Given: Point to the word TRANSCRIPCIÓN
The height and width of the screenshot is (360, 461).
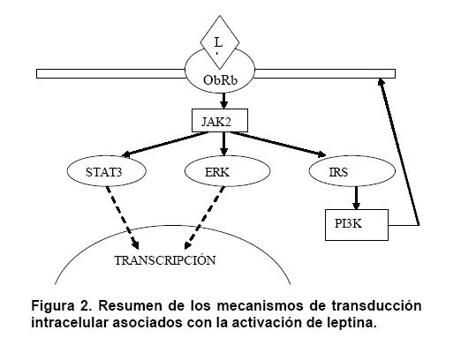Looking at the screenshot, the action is pos(165,260).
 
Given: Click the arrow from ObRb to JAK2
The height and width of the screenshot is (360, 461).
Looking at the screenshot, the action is pos(224,101).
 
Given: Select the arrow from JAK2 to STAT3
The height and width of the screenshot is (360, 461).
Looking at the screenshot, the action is pos(165,144).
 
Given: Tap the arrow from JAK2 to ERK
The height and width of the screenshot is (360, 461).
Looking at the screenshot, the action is pos(224,144).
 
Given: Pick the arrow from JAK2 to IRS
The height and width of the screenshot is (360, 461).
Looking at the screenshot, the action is pos(278,144).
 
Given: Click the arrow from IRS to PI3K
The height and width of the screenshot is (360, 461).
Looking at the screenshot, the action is pos(356,198).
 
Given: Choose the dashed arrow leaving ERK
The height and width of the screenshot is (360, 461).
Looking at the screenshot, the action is pos(204,217).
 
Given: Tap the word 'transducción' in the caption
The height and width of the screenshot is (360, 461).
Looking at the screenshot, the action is pos(376,306).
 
